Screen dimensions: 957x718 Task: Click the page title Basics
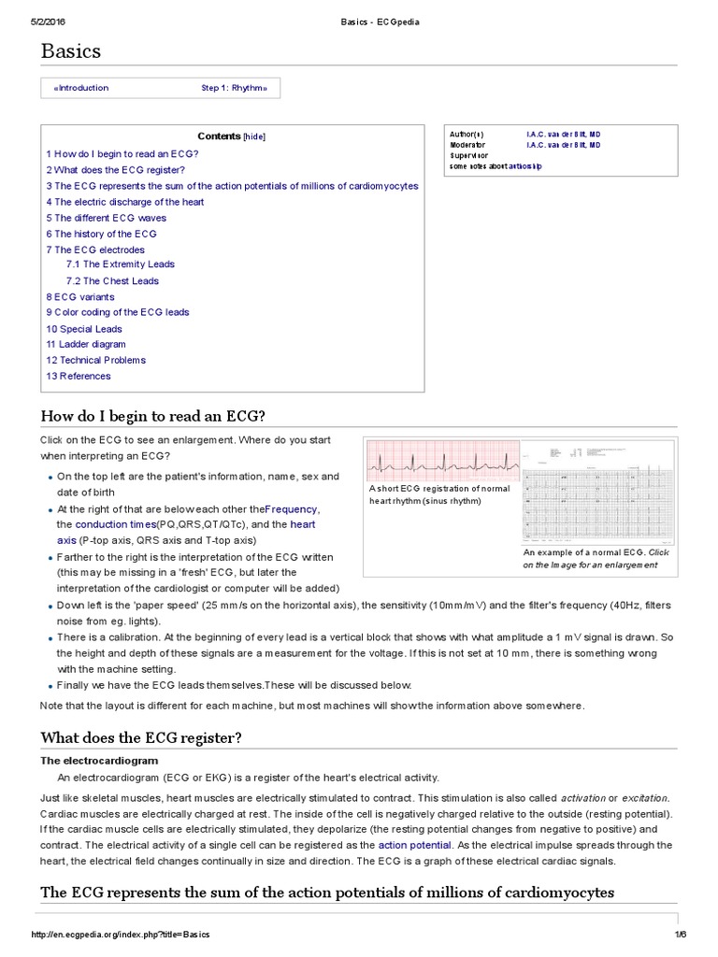click(x=70, y=51)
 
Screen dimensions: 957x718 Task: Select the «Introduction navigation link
click(x=81, y=88)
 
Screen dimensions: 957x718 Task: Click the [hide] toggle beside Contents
click(x=254, y=136)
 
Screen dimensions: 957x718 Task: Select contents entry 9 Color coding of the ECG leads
click(x=117, y=312)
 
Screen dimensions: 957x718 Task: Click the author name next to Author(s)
click(x=563, y=135)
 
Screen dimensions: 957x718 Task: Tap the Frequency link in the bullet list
click(x=292, y=509)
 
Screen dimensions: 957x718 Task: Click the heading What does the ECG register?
click(x=140, y=738)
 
